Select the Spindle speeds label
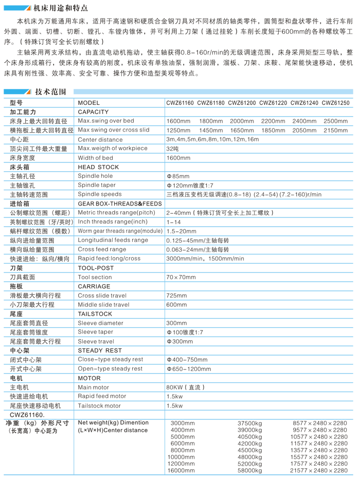click(100, 194)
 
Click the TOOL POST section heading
click(96, 268)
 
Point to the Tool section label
click(95, 277)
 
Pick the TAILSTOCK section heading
click(95, 314)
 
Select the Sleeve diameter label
click(101, 323)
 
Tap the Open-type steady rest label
click(111, 369)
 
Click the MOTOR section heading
click(89, 378)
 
